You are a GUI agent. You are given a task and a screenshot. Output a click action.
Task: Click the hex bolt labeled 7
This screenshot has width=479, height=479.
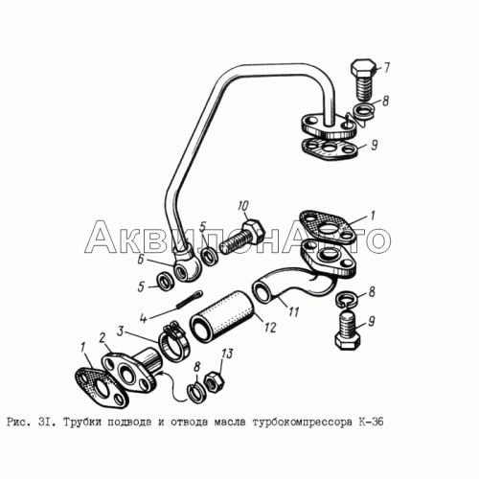(x=364, y=80)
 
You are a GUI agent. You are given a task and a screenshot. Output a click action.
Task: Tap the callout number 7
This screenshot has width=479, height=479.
(x=386, y=68)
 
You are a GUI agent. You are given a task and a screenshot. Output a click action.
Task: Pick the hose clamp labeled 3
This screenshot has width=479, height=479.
(x=173, y=340)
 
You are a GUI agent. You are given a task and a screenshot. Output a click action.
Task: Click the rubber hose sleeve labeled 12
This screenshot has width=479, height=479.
(x=222, y=314)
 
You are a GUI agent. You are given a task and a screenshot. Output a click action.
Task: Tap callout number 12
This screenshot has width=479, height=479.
(x=270, y=327)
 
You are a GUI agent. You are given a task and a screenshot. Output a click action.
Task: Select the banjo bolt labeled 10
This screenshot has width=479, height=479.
(x=243, y=237)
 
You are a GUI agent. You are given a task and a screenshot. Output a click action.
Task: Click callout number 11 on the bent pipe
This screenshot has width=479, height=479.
(x=293, y=311)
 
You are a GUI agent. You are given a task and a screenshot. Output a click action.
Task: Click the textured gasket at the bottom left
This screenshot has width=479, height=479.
(x=102, y=388)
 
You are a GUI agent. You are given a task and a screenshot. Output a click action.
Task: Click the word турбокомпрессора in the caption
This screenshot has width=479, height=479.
(x=301, y=422)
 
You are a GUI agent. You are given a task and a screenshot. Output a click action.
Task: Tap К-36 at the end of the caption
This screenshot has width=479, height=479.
(x=370, y=422)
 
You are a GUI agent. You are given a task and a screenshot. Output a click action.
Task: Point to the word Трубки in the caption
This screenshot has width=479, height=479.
(x=81, y=422)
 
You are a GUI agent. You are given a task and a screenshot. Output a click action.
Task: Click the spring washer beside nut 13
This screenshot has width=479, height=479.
(x=196, y=393)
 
